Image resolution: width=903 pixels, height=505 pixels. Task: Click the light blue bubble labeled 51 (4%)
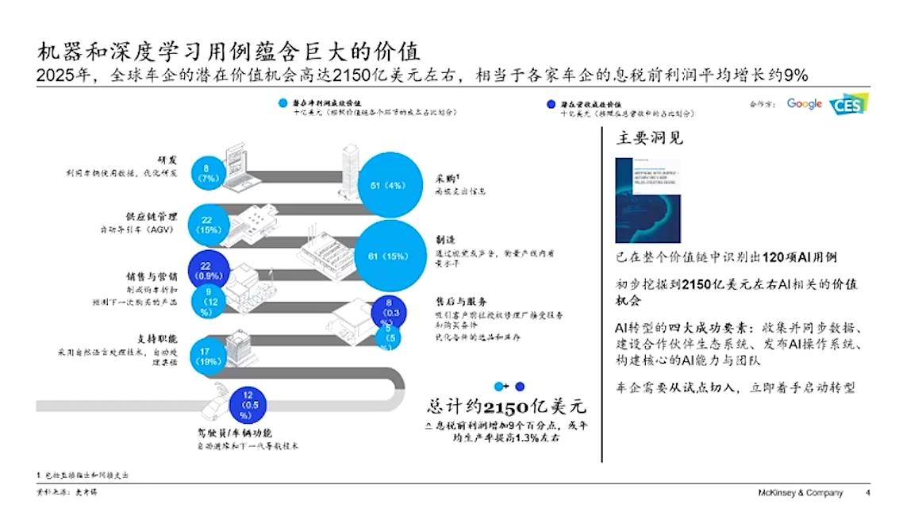pyautogui.click(x=386, y=187)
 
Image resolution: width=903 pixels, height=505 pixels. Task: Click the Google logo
pyautogui.click(x=804, y=104)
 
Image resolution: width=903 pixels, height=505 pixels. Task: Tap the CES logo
pyautogui.click(x=848, y=105)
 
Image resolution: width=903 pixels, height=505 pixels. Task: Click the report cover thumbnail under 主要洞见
pyautogui.click(x=647, y=200)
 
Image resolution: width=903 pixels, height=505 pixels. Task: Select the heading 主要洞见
pyautogui.click(x=650, y=138)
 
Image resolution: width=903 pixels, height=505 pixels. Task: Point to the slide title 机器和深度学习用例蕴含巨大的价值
pyautogui.click(x=230, y=53)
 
